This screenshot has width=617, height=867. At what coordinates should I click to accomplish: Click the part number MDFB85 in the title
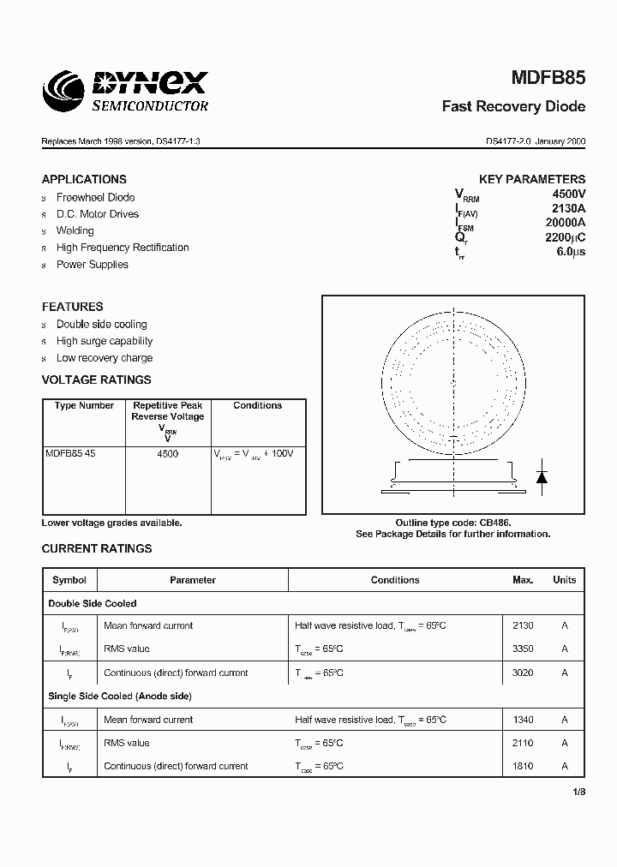point(548,78)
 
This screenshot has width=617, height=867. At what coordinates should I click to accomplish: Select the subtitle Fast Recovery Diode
point(513,107)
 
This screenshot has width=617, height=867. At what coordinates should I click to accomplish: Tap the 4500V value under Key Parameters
point(568,194)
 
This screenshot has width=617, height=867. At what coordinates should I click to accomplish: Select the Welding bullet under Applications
point(75,230)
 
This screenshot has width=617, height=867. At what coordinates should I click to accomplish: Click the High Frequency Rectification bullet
point(123,248)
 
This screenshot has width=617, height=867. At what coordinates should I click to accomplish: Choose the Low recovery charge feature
point(105,358)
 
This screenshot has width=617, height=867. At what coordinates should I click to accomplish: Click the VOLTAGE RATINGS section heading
point(96,380)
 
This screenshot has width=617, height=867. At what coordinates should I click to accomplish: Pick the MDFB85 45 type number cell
point(70,454)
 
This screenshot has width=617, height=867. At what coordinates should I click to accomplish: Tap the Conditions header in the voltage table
point(257,406)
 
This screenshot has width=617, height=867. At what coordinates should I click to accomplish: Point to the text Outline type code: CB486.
point(453,523)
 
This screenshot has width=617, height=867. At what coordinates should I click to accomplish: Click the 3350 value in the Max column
point(523,649)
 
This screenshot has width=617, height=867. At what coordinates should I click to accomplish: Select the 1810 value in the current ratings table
point(523,767)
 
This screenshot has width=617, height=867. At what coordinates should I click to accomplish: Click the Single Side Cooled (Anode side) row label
point(120,697)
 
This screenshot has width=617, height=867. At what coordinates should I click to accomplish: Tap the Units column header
point(564,580)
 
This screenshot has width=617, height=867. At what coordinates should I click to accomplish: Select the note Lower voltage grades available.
point(111,523)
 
